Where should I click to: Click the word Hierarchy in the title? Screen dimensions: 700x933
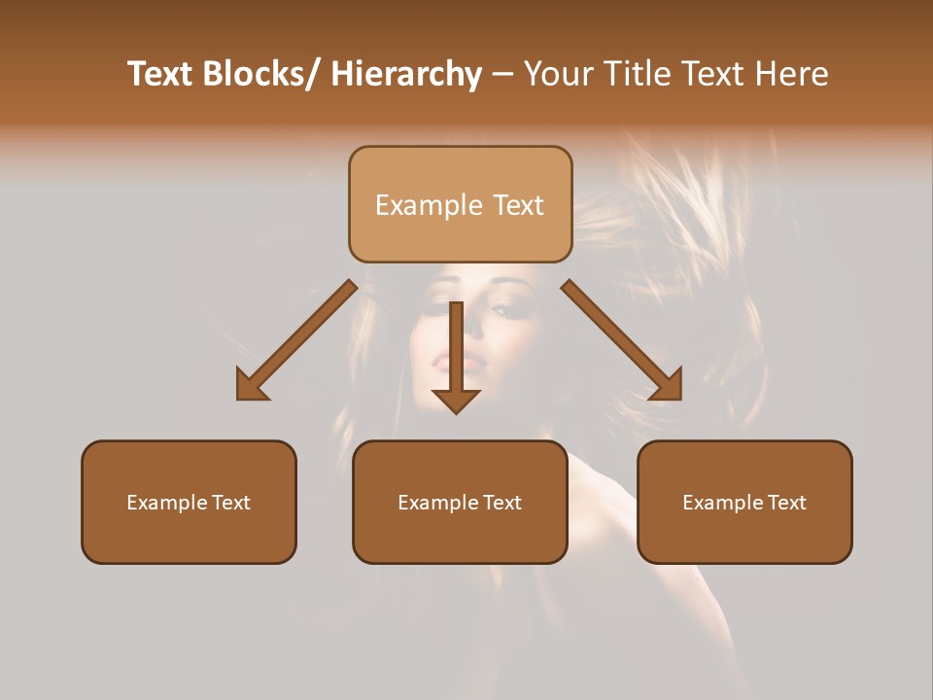click(406, 74)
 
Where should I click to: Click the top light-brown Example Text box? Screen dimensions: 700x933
click(460, 204)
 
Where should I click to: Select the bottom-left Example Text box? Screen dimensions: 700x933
click(189, 502)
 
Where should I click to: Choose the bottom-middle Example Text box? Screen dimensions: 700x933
click(460, 502)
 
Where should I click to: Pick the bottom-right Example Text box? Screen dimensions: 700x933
click(744, 502)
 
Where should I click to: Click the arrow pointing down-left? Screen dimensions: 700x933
click(296, 340)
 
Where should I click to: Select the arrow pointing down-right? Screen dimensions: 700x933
click(622, 340)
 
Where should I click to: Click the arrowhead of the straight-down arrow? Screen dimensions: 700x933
click(456, 399)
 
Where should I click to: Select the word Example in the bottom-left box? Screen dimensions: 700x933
click(166, 503)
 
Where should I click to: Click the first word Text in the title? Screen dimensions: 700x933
click(160, 74)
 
